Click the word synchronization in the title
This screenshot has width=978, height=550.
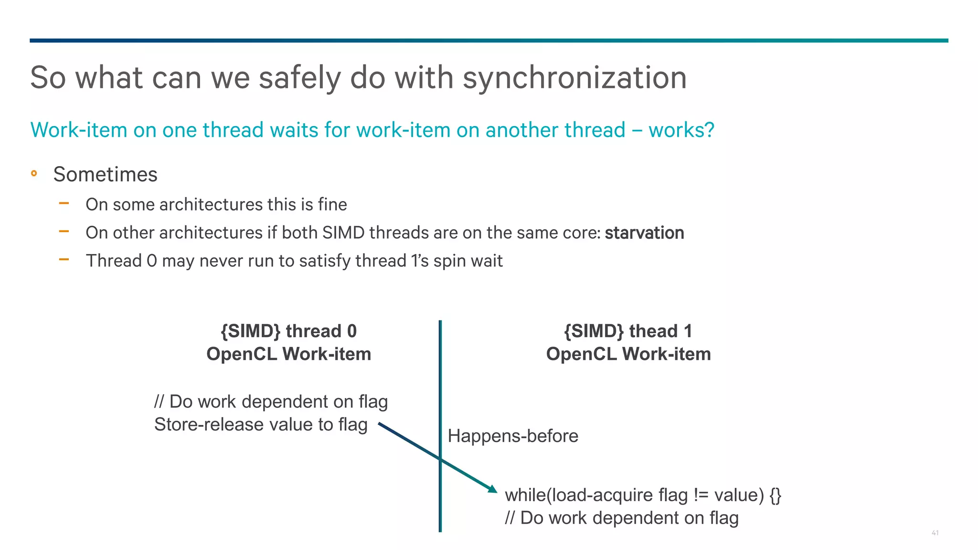pyautogui.click(x=574, y=78)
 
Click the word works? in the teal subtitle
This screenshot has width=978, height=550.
pyautogui.click(x=681, y=130)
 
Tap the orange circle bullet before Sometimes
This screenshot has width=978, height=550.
pyautogui.click(x=34, y=173)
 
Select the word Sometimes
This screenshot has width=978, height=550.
pyautogui.click(x=105, y=174)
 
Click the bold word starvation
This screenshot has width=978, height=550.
pyautogui.click(x=644, y=233)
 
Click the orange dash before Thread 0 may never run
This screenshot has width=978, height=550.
pyautogui.click(x=64, y=260)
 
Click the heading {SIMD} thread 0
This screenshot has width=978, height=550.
pyautogui.click(x=288, y=331)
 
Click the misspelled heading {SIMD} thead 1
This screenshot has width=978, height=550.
pyautogui.click(x=628, y=331)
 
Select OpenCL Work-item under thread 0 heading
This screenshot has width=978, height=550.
pyautogui.click(x=288, y=354)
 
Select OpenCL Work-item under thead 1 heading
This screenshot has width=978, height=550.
pyautogui.click(x=628, y=354)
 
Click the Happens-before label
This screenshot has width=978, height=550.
pyautogui.click(x=513, y=436)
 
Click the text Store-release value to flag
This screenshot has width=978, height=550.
pyautogui.click(x=261, y=424)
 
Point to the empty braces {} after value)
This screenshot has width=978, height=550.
pyautogui.click(x=775, y=495)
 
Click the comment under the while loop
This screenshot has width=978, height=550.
pyautogui.click(x=621, y=518)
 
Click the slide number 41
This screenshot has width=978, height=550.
pyautogui.click(x=935, y=533)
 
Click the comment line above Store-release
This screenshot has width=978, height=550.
pyautogui.click(x=271, y=402)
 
